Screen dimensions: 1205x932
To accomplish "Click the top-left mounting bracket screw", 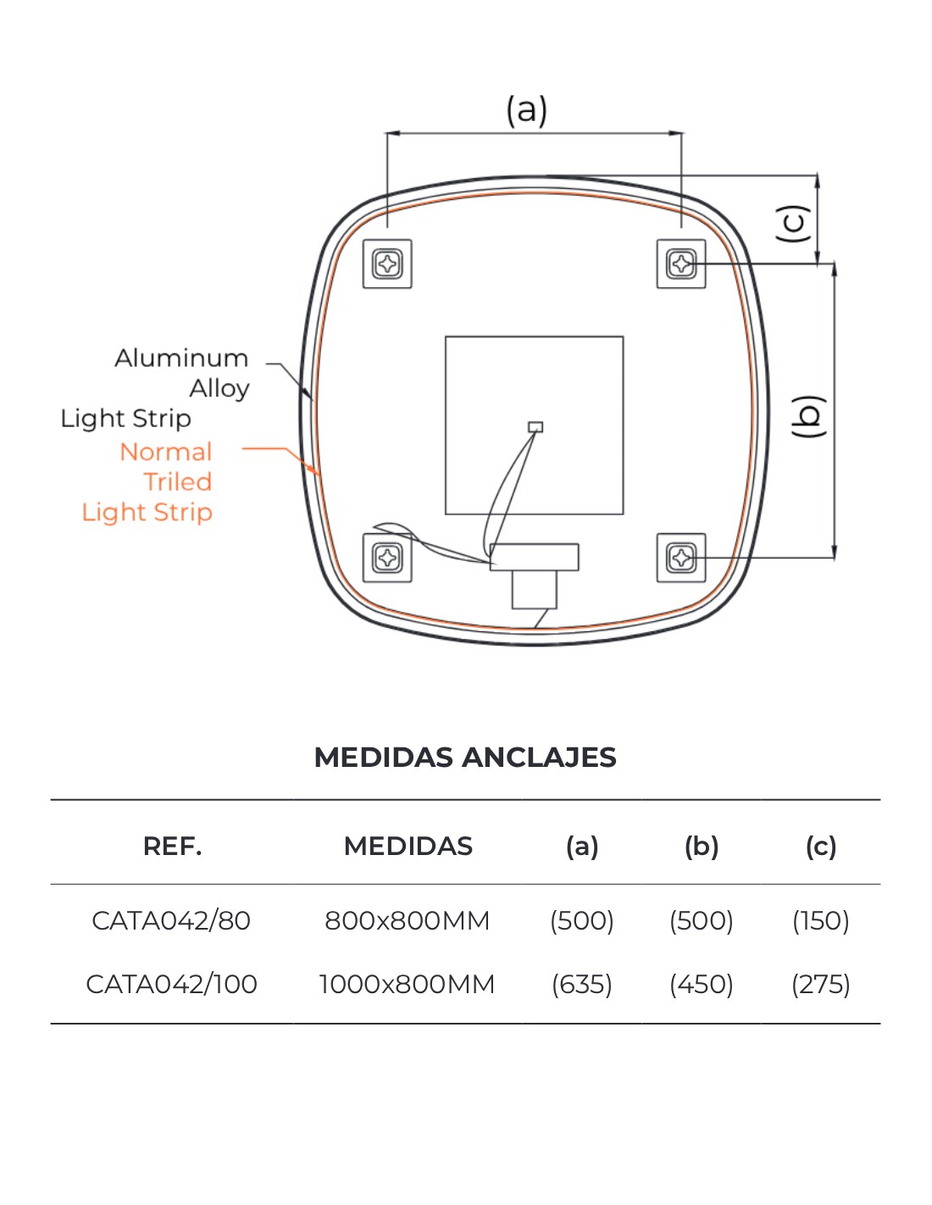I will [387, 264].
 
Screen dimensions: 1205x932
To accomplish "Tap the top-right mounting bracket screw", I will [681, 264].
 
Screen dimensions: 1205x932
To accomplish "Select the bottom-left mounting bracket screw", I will [387, 558].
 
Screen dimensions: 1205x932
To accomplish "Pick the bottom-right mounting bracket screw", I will [681, 558].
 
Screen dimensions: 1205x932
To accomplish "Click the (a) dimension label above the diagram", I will [526, 110].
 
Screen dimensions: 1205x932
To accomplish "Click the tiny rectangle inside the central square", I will [535, 427].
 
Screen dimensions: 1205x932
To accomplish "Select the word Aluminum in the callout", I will [181, 358].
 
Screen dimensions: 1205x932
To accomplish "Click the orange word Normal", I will [166, 452].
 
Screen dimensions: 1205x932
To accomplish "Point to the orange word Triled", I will [178, 481].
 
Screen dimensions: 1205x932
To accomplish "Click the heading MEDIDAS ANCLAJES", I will [465, 757].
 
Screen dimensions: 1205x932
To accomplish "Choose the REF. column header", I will [172, 846].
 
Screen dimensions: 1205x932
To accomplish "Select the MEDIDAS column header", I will [408, 846].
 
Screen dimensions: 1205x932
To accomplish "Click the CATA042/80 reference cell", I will [171, 920].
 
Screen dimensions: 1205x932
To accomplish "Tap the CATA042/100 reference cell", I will [171, 984].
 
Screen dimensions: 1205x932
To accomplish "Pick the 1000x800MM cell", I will [407, 984].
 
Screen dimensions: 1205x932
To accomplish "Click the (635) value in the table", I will [582, 984].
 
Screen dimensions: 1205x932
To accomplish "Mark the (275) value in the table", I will [821, 984].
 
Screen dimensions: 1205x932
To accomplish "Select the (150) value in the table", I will [821, 920].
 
